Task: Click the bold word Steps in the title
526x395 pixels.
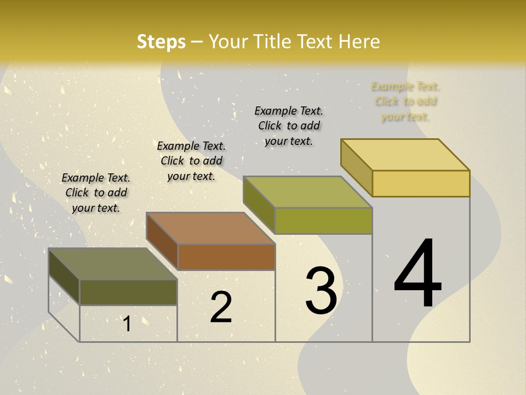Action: coord(161,42)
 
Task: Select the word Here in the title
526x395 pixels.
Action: coord(359,42)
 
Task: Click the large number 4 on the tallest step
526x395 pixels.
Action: coord(418,274)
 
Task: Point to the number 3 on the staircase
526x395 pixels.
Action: coord(321,291)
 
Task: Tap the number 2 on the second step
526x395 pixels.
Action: coord(221,307)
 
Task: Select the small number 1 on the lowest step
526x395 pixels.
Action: coord(127,324)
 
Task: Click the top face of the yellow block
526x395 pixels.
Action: coord(405,155)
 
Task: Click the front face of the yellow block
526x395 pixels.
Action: coord(421,183)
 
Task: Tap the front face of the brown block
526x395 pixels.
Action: coord(226,257)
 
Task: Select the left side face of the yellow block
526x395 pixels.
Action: coord(356,167)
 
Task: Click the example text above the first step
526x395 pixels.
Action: coord(96,193)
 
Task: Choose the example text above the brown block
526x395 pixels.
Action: coord(191,161)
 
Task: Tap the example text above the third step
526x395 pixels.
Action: coord(289,126)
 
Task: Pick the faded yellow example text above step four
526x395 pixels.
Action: coord(405,101)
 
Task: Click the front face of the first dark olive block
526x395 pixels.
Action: coord(128,292)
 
